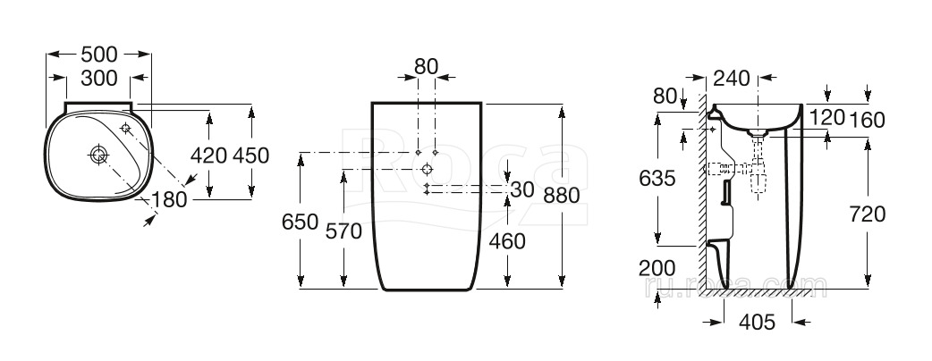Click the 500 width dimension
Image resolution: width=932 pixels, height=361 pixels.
(x=98, y=55)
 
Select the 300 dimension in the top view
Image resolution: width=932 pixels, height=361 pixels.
(x=98, y=78)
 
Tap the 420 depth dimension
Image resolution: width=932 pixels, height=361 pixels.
(x=208, y=155)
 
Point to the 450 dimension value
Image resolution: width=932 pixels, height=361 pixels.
(x=250, y=155)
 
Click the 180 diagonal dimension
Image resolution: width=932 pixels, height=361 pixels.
(x=169, y=200)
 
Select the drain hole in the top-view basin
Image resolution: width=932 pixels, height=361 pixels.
(x=98, y=155)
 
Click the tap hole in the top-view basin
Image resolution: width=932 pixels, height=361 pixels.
(x=125, y=128)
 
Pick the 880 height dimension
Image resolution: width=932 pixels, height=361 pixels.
(x=561, y=195)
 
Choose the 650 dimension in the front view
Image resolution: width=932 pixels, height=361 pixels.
(x=301, y=222)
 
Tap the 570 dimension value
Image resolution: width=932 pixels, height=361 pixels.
(x=343, y=231)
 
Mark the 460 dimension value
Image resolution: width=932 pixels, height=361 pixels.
(x=507, y=241)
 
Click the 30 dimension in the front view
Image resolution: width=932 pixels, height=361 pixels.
(x=522, y=190)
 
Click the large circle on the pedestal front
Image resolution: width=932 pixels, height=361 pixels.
(x=427, y=170)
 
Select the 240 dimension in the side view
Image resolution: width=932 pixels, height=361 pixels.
(x=731, y=78)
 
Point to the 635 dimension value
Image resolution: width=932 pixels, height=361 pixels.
(x=657, y=178)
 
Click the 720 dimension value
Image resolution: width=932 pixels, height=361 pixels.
(x=868, y=214)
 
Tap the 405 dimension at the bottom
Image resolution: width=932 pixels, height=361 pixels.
(x=758, y=323)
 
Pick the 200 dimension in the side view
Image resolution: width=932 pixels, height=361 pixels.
(x=657, y=268)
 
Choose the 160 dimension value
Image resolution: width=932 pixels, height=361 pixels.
(x=868, y=120)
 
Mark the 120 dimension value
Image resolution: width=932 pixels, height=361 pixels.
(x=826, y=118)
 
